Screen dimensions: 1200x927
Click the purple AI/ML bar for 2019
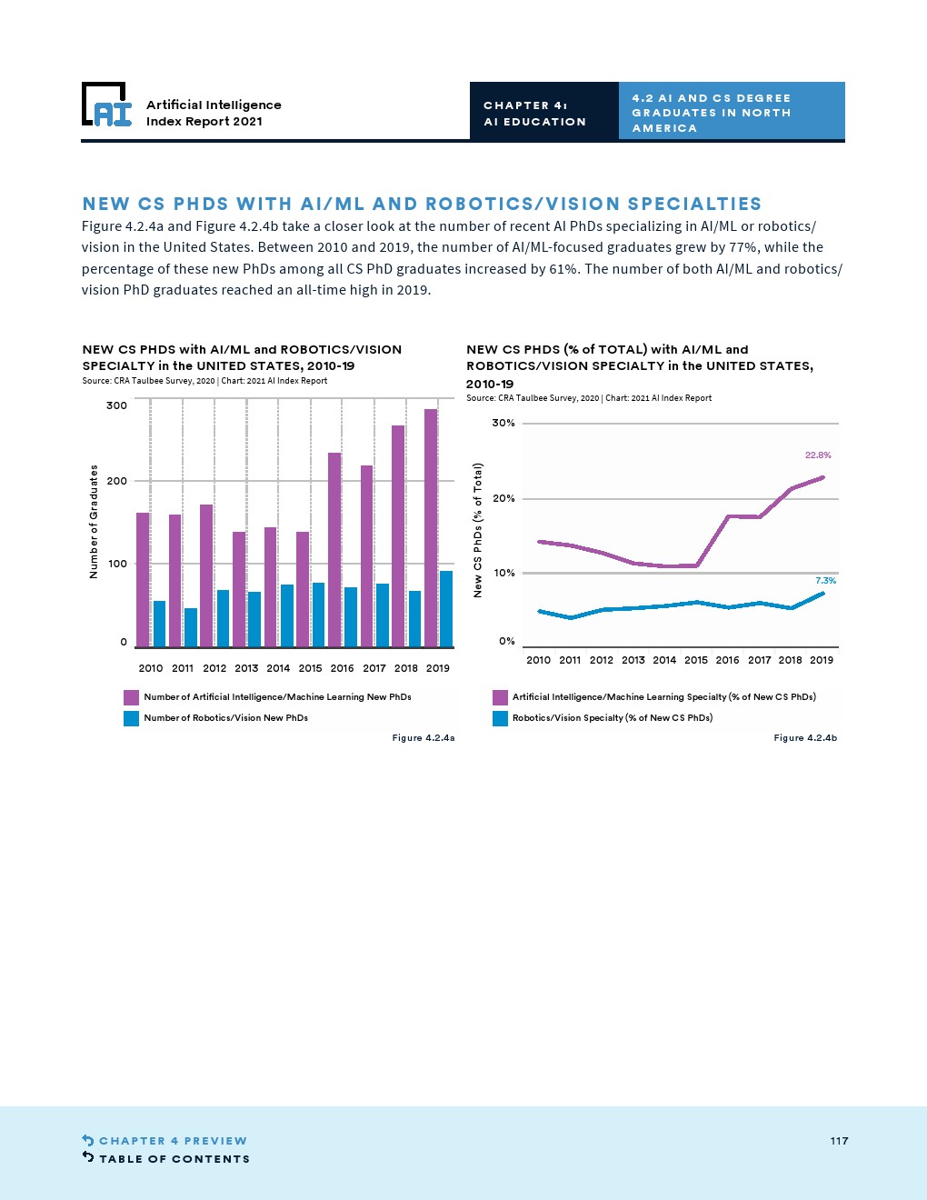tap(431, 527)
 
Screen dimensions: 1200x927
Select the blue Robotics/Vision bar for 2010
tap(159, 624)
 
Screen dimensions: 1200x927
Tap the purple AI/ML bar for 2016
tap(334, 549)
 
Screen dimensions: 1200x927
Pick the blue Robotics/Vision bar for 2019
tap(446, 608)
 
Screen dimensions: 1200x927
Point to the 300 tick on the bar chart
tap(116, 405)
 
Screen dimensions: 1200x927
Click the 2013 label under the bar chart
tap(246, 668)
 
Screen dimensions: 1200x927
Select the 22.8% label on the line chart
tap(818, 455)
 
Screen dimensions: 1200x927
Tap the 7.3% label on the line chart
tap(825, 581)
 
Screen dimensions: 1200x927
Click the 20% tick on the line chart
tap(503, 498)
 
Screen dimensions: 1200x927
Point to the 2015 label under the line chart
tap(696, 660)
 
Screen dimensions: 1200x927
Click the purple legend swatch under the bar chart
tap(132, 697)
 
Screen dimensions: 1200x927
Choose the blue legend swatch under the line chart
tap(500, 718)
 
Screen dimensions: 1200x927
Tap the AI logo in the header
tap(106, 105)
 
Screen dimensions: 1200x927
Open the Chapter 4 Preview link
tap(173, 1141)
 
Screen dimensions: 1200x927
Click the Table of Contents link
tap(174, 1159)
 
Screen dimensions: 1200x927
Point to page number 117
tap(839, 1141)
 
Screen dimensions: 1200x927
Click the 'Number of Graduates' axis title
tap(94, 522)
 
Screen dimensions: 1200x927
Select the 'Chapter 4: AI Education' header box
tap(543, 113)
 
